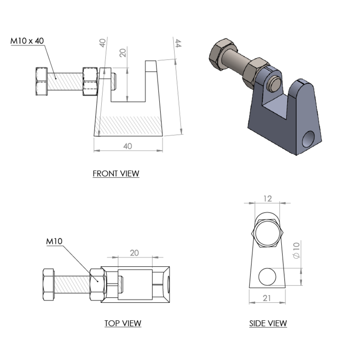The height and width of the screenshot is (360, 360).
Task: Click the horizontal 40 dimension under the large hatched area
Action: pos(127,146)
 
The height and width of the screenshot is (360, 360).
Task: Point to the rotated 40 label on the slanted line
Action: pos(102,43)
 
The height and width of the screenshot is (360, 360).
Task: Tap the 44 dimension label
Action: pos(178,43)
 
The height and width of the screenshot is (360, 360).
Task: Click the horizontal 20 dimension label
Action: pos(134,253)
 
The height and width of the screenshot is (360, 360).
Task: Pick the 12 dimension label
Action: pos(267,198)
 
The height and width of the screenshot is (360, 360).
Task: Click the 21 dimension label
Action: pos(266,299)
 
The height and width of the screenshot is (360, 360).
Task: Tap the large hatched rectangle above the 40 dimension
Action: pos(129,125)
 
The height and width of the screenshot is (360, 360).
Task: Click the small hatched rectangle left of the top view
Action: pos(64,81)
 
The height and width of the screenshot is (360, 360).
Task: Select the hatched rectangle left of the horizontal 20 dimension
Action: pos(72,284)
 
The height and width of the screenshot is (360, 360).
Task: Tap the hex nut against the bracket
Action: pos(256,71)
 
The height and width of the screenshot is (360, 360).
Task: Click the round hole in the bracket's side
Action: pos(310,139)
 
